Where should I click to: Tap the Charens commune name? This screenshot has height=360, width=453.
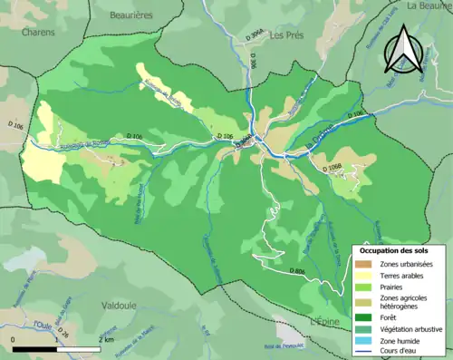click(x=38, y=32)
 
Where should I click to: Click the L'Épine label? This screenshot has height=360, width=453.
click(x=328, y=322)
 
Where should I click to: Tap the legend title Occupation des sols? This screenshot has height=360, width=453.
click(x=395, y=249)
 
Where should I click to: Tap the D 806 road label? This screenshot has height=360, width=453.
click(x=297, y=271)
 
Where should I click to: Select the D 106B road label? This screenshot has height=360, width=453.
click(x=330, y=166)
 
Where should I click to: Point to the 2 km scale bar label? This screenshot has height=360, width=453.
click(x=106, y=340)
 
